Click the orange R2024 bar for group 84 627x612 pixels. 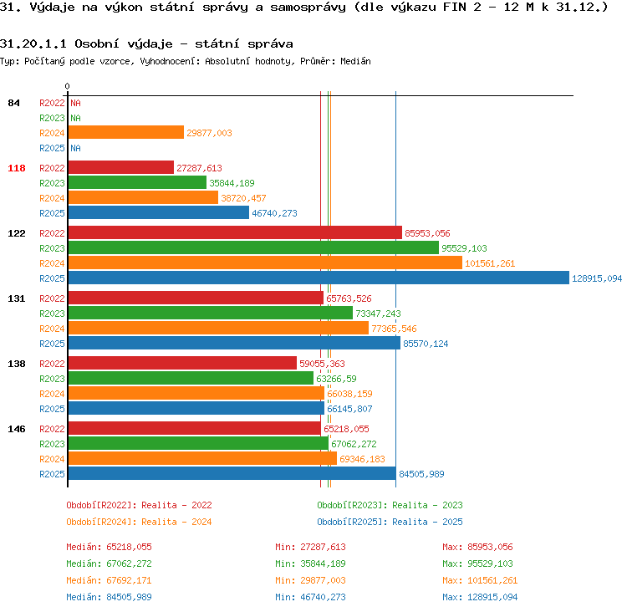pyautogui.click(x=126, y=132)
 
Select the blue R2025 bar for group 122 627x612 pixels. pyautogui.click(x=319, y=278)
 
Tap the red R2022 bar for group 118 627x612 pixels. pyautogui.click(x=121, y=167)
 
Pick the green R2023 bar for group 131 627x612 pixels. pyautogui.click(x=211, y=314)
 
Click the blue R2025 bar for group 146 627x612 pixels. pyautogui.click(x=232, y=473)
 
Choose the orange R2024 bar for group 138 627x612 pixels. pyautogui.click(x=196, y=393)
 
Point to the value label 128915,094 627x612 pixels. pyautogui.click(x=597, y=278)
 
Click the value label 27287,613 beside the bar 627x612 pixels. pyautogui.click(x=199, y=168)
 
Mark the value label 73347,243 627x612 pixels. pyautogui.click(x=378, y=314)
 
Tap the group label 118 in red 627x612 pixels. pyautogui.click(x=17, y=168)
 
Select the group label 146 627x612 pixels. pyautogui.click(x=17, y=429)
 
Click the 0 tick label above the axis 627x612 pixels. pyautogui.click(x=67, y=86)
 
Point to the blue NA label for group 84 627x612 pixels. pyautogui.click(x=75, y=148)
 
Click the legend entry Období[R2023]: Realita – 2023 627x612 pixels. pyautogui.click(x=390, y=505)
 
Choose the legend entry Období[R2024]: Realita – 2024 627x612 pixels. pyautogui.click(x=139, y=522)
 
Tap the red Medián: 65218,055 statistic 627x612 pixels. pyautogui.click(x=110, y=547)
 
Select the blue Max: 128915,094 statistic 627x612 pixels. pyautogui.click(x=480, y=597)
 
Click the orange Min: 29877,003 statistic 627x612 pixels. pyautogui.click(x=310, y=580)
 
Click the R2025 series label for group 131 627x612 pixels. pyautogui.click(x=52, y=344)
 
